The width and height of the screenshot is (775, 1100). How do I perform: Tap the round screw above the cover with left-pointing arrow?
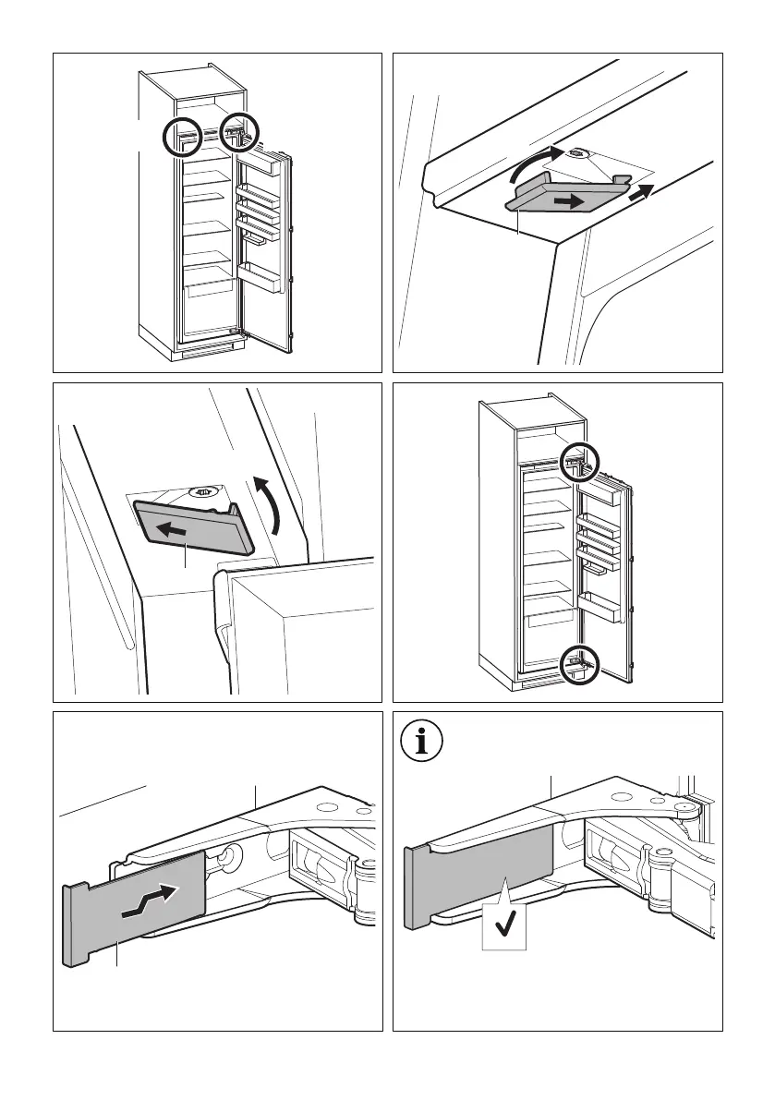pos(201,494)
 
